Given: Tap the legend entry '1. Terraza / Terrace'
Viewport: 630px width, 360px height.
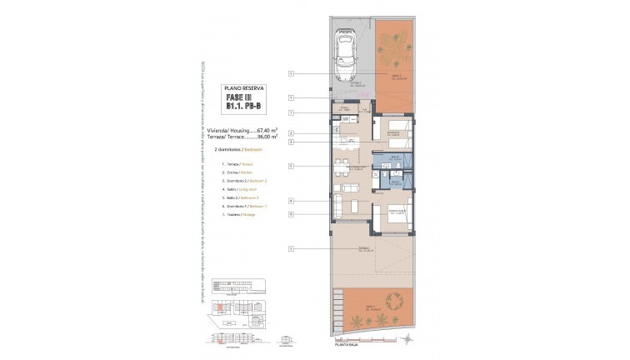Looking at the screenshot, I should (x=239, y=164).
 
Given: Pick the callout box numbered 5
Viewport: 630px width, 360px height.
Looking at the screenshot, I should (x=292, y=166).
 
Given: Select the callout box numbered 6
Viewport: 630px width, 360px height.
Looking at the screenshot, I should (x=292, y=214).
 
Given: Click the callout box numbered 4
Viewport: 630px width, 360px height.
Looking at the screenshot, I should (x=292, y=201).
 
